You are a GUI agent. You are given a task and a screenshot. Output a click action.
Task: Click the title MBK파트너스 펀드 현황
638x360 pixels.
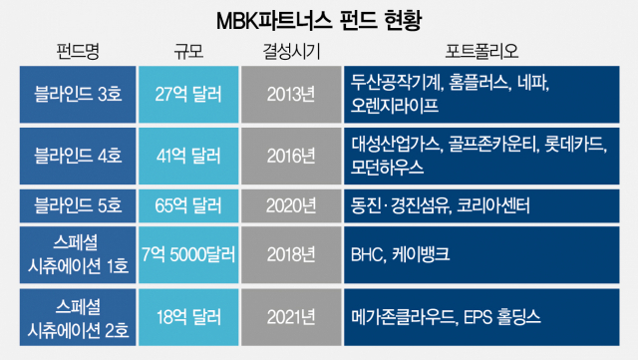click(319, 19)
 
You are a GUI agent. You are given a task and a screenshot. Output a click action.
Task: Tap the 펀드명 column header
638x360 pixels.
click(79, 50)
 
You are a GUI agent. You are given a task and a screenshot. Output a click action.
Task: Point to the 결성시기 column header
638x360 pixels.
click(292, 50)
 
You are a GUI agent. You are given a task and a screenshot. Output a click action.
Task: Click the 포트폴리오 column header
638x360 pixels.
click(484, 50)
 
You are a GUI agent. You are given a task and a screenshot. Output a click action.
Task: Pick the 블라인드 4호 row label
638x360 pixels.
click(79, 154)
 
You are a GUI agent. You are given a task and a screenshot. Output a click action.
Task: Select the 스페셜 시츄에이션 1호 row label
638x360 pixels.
click(79, 255)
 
